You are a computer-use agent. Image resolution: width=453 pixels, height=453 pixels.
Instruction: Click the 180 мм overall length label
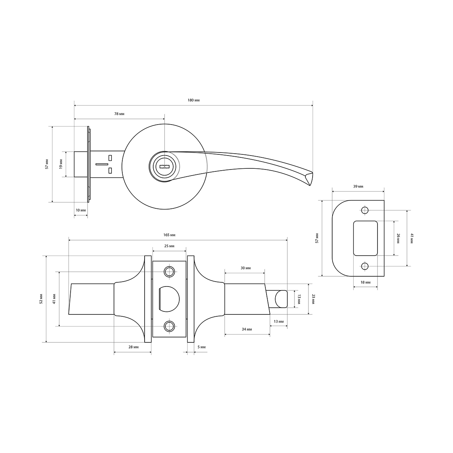coord(194,100)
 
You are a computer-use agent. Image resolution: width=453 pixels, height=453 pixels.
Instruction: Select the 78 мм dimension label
coord(119,114)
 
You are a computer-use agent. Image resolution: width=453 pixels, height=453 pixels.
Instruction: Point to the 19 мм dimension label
coord(61,164)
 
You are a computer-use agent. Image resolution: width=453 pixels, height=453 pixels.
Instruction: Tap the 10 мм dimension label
coord(81,210)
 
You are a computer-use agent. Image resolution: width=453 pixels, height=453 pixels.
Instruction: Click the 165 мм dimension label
coord(169,235)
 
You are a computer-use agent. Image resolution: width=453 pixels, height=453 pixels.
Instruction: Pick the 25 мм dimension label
coord(169,246)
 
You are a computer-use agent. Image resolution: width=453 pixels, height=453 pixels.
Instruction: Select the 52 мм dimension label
coord(41,299)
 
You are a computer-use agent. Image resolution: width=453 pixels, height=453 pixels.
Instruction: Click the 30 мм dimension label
coord(245,268)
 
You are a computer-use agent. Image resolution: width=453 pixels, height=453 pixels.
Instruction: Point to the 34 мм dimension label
coord(247,329)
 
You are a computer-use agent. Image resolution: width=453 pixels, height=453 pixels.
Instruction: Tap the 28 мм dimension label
coord(133,347)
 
